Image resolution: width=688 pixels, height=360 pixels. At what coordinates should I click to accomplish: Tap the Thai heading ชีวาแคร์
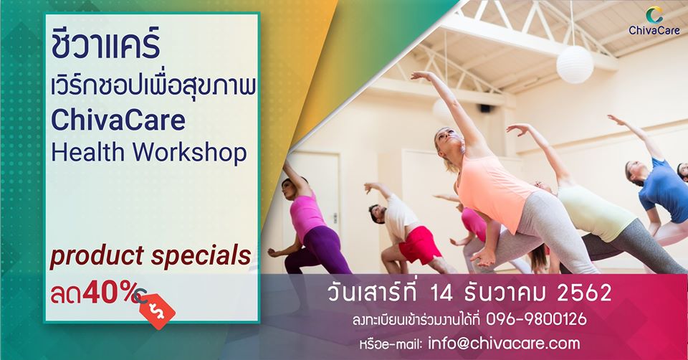(x=105, y=44)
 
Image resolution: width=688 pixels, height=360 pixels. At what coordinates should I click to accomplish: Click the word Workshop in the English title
(x=189, y=152)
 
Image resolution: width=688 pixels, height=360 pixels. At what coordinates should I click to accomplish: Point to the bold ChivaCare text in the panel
(x=118, y=120)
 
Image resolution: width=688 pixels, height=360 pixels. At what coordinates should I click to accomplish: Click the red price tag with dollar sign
(x=157, y=311)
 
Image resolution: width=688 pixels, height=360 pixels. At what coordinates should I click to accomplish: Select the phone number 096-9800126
(x=536, y=319)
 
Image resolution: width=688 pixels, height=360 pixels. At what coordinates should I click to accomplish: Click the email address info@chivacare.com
(x=504, y=344)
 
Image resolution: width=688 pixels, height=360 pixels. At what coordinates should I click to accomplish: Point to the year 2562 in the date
(x=584, y=293)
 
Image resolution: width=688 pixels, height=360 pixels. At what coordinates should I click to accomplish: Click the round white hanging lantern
(x=575, y=65)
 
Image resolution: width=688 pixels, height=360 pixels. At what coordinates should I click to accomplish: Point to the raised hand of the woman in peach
(x=421, y=75)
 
